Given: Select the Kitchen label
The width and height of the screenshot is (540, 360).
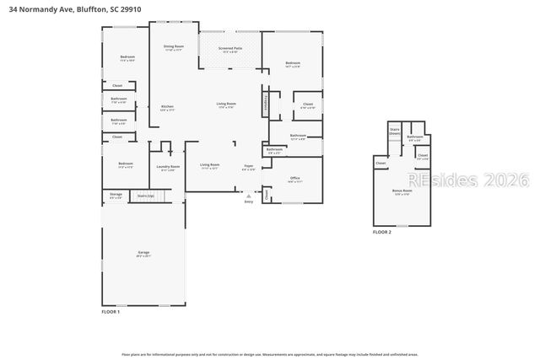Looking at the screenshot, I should (x=167, y=107).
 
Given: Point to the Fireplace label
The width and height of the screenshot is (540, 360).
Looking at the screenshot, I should (x=266, y=105).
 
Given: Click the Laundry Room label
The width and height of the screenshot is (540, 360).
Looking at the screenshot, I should (x=170, y=167).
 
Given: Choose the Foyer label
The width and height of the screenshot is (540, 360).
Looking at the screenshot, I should (x=249, y=167).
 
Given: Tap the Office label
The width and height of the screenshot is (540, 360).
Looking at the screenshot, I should (x=294, y=179).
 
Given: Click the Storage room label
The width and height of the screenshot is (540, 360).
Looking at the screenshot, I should (x=116, y=196).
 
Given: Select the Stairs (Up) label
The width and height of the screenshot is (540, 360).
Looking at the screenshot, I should (x=145, y=196).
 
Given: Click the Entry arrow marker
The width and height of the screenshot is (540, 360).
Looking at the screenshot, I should (x=248, y=196).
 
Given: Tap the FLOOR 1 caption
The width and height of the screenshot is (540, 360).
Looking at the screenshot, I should (x=111, y=312).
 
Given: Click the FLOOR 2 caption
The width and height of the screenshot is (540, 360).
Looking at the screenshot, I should (x=382, y=231).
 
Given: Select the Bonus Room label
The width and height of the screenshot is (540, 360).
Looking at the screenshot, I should (x=402, y=191).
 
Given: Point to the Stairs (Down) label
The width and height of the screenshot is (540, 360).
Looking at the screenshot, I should (x=394, y=132).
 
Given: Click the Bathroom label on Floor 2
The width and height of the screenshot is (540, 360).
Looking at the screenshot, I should (x=414, y=137).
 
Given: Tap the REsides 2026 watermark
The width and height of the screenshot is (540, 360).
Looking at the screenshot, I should (x=467, y=180).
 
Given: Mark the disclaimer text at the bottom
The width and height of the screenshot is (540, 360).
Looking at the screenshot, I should (x=270, y=355).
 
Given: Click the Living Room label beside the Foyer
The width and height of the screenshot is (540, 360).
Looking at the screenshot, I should (x=209, y=166).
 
